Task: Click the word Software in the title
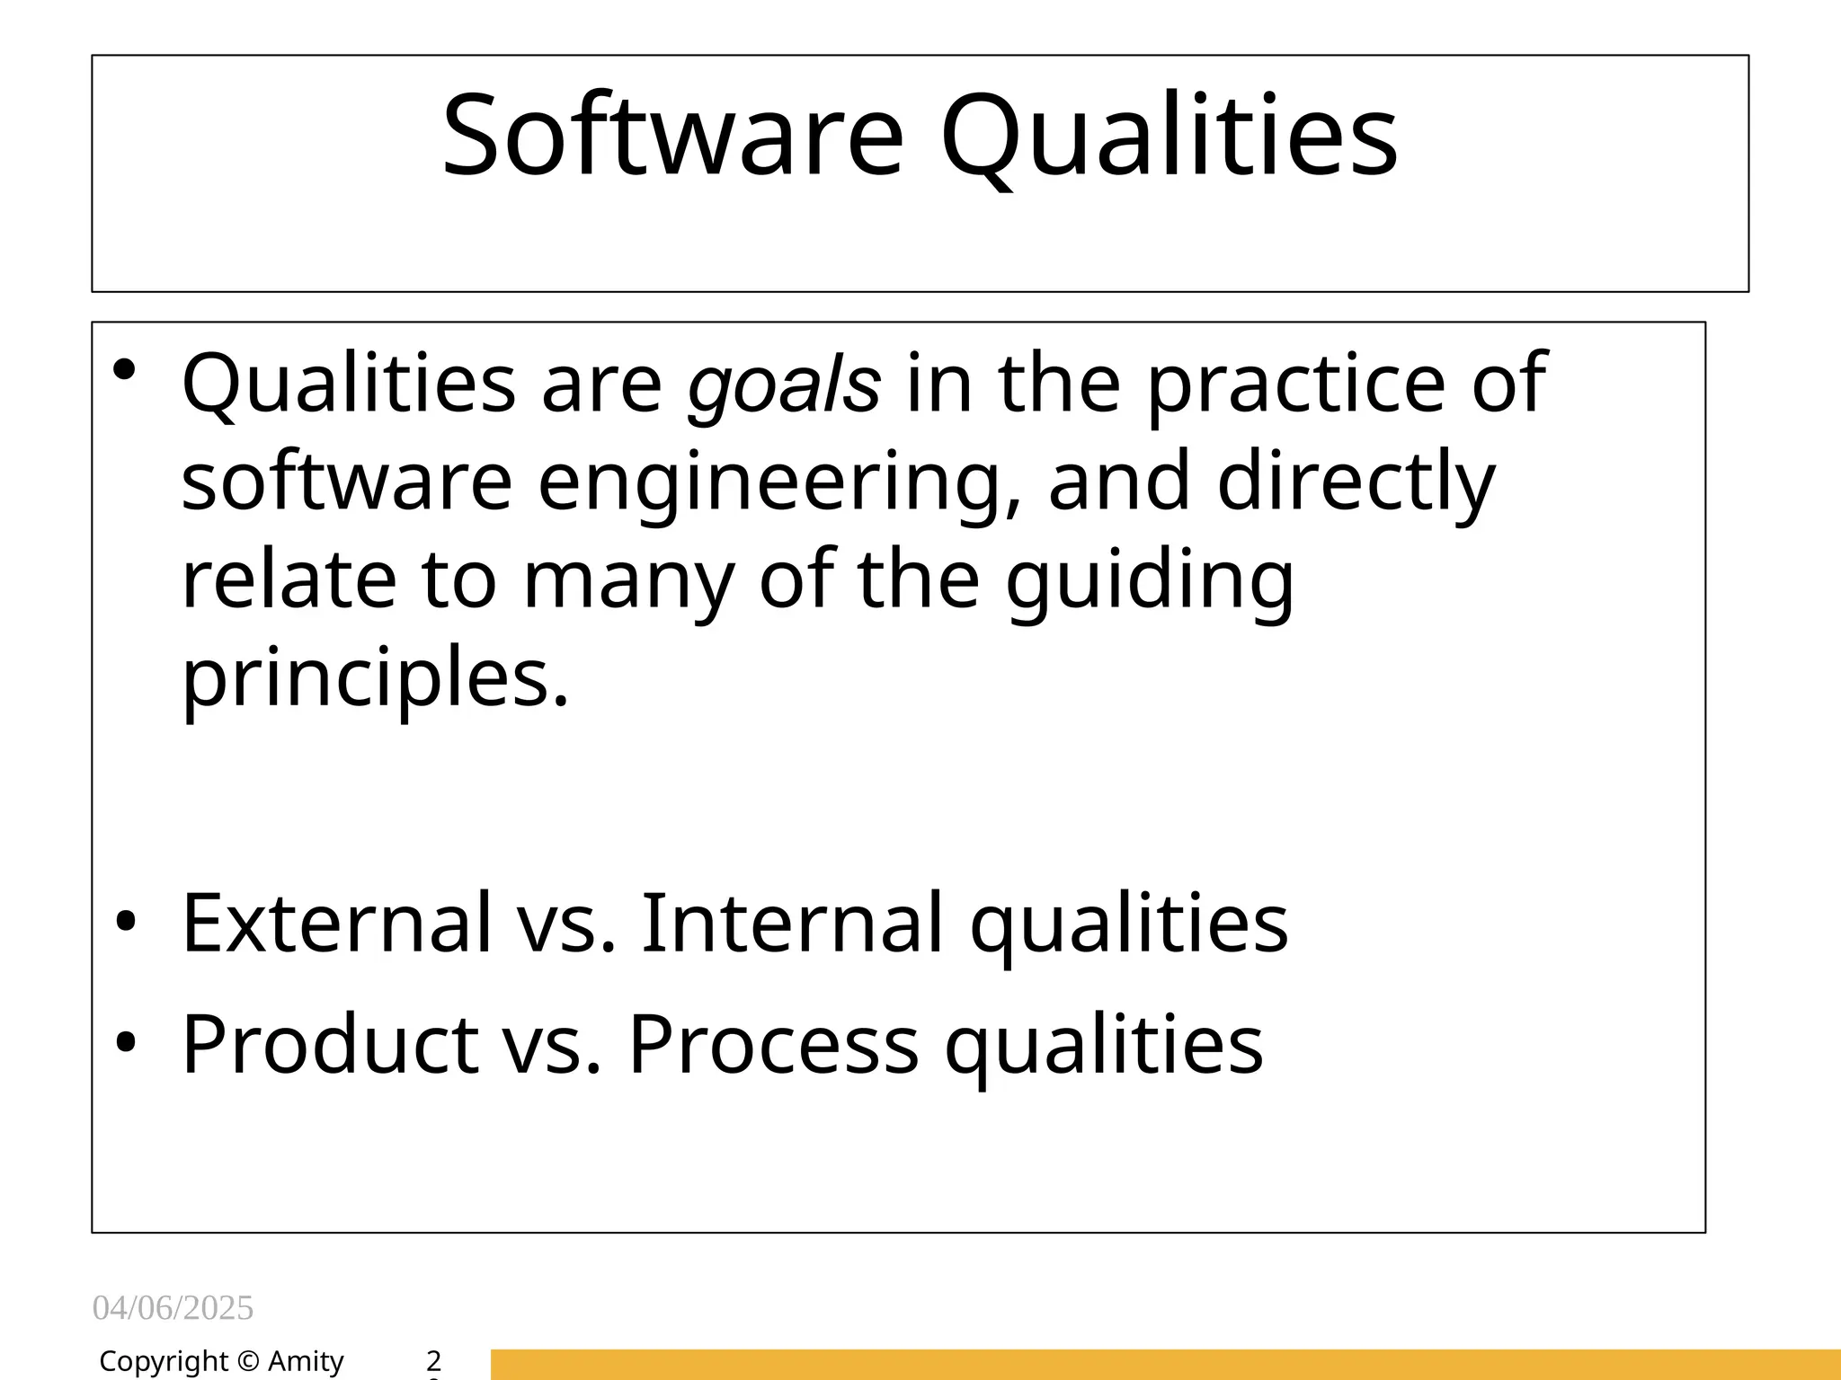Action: click(672, 137)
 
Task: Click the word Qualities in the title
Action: click(1169, 137)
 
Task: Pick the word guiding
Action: click(1150, 581)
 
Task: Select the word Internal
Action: click(792, 922)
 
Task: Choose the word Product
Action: click(330, 1044)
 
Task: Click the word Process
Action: click(773, 1044)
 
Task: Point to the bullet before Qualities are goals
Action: click(125, 369)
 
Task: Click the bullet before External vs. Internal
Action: click(125, 922)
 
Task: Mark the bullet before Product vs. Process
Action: click(125, 1043)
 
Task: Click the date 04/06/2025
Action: click(173, 1308)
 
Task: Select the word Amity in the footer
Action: click(306, 1362)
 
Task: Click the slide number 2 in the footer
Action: click(433, 1360)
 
